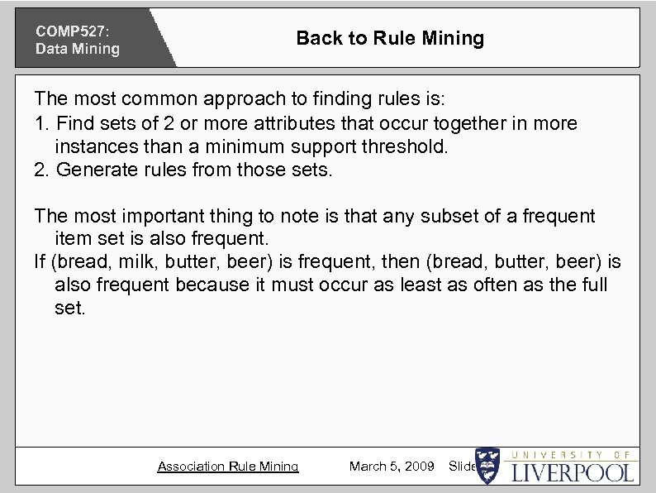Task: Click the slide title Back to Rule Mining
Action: pos(390,38)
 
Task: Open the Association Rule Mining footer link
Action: pos(228,467)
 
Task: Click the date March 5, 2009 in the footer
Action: pos(392,467)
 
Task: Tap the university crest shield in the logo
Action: pos(487,466)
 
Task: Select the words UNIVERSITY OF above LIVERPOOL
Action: pos(573,455)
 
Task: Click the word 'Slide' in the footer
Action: pos(461,467)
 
